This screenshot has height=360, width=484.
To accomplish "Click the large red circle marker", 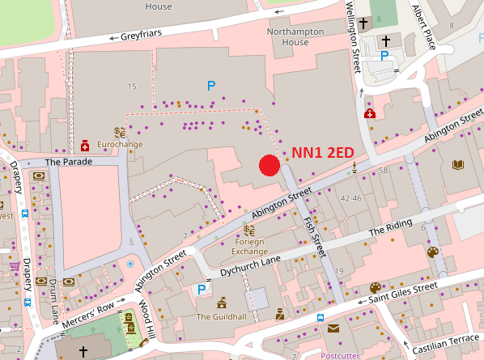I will pyautogui.click(x=270, y=165).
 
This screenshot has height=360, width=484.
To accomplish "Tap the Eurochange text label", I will pyautogui.click(x=120, y=144).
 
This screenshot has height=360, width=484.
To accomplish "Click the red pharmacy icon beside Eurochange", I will pyautogui.click(x=84, y=146).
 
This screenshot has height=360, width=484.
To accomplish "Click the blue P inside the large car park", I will pyautogui.click(x=211, y=85).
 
